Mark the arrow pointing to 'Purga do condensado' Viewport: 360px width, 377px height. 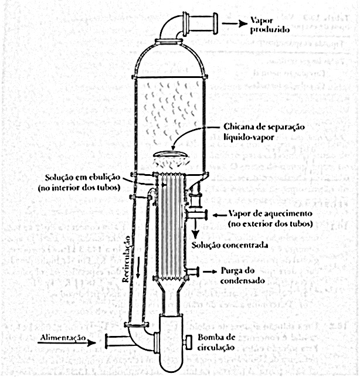click(206, 271)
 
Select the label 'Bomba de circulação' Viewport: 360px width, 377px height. click(218, 342)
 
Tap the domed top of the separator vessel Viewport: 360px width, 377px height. click(171, 59)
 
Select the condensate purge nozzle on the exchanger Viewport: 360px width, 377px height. click(190, 271)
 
